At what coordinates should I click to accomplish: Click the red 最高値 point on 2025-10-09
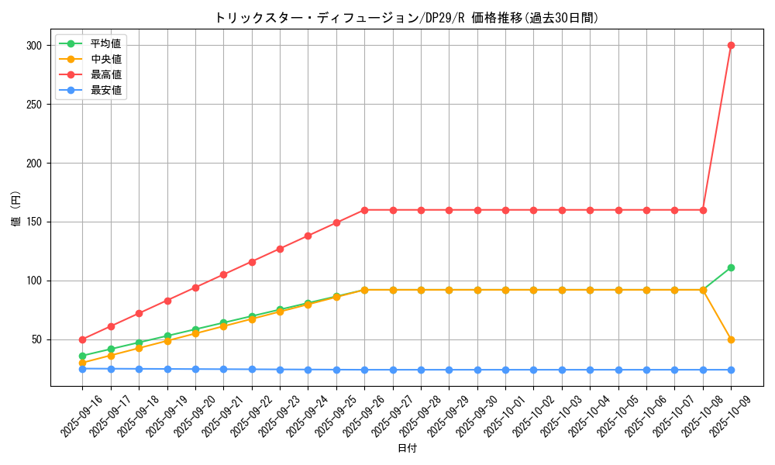731,45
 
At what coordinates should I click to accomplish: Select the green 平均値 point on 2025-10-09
731,267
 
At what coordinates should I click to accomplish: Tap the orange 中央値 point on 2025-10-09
731,339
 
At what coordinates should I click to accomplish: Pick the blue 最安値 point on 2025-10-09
731,370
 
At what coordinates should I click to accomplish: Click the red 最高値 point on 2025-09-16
82,339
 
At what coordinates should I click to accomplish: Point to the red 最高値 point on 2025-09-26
364,210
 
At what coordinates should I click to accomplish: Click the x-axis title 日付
407,449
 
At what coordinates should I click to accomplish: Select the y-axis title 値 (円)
15,209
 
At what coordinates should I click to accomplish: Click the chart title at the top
407,18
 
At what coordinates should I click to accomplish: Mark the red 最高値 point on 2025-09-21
223,274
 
